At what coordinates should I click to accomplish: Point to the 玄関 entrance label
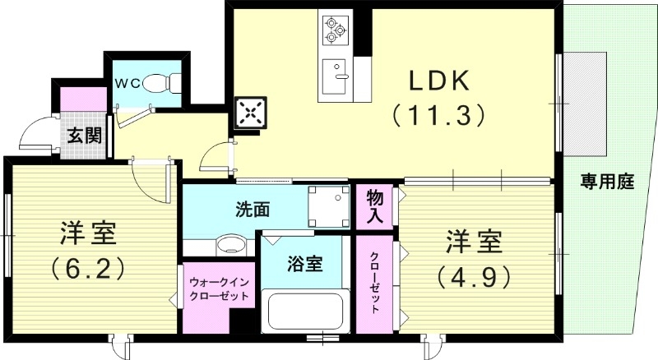[x=84, y=135]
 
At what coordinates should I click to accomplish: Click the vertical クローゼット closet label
[x=375, y=282]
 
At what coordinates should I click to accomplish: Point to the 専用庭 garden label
[x=607, y=182]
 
